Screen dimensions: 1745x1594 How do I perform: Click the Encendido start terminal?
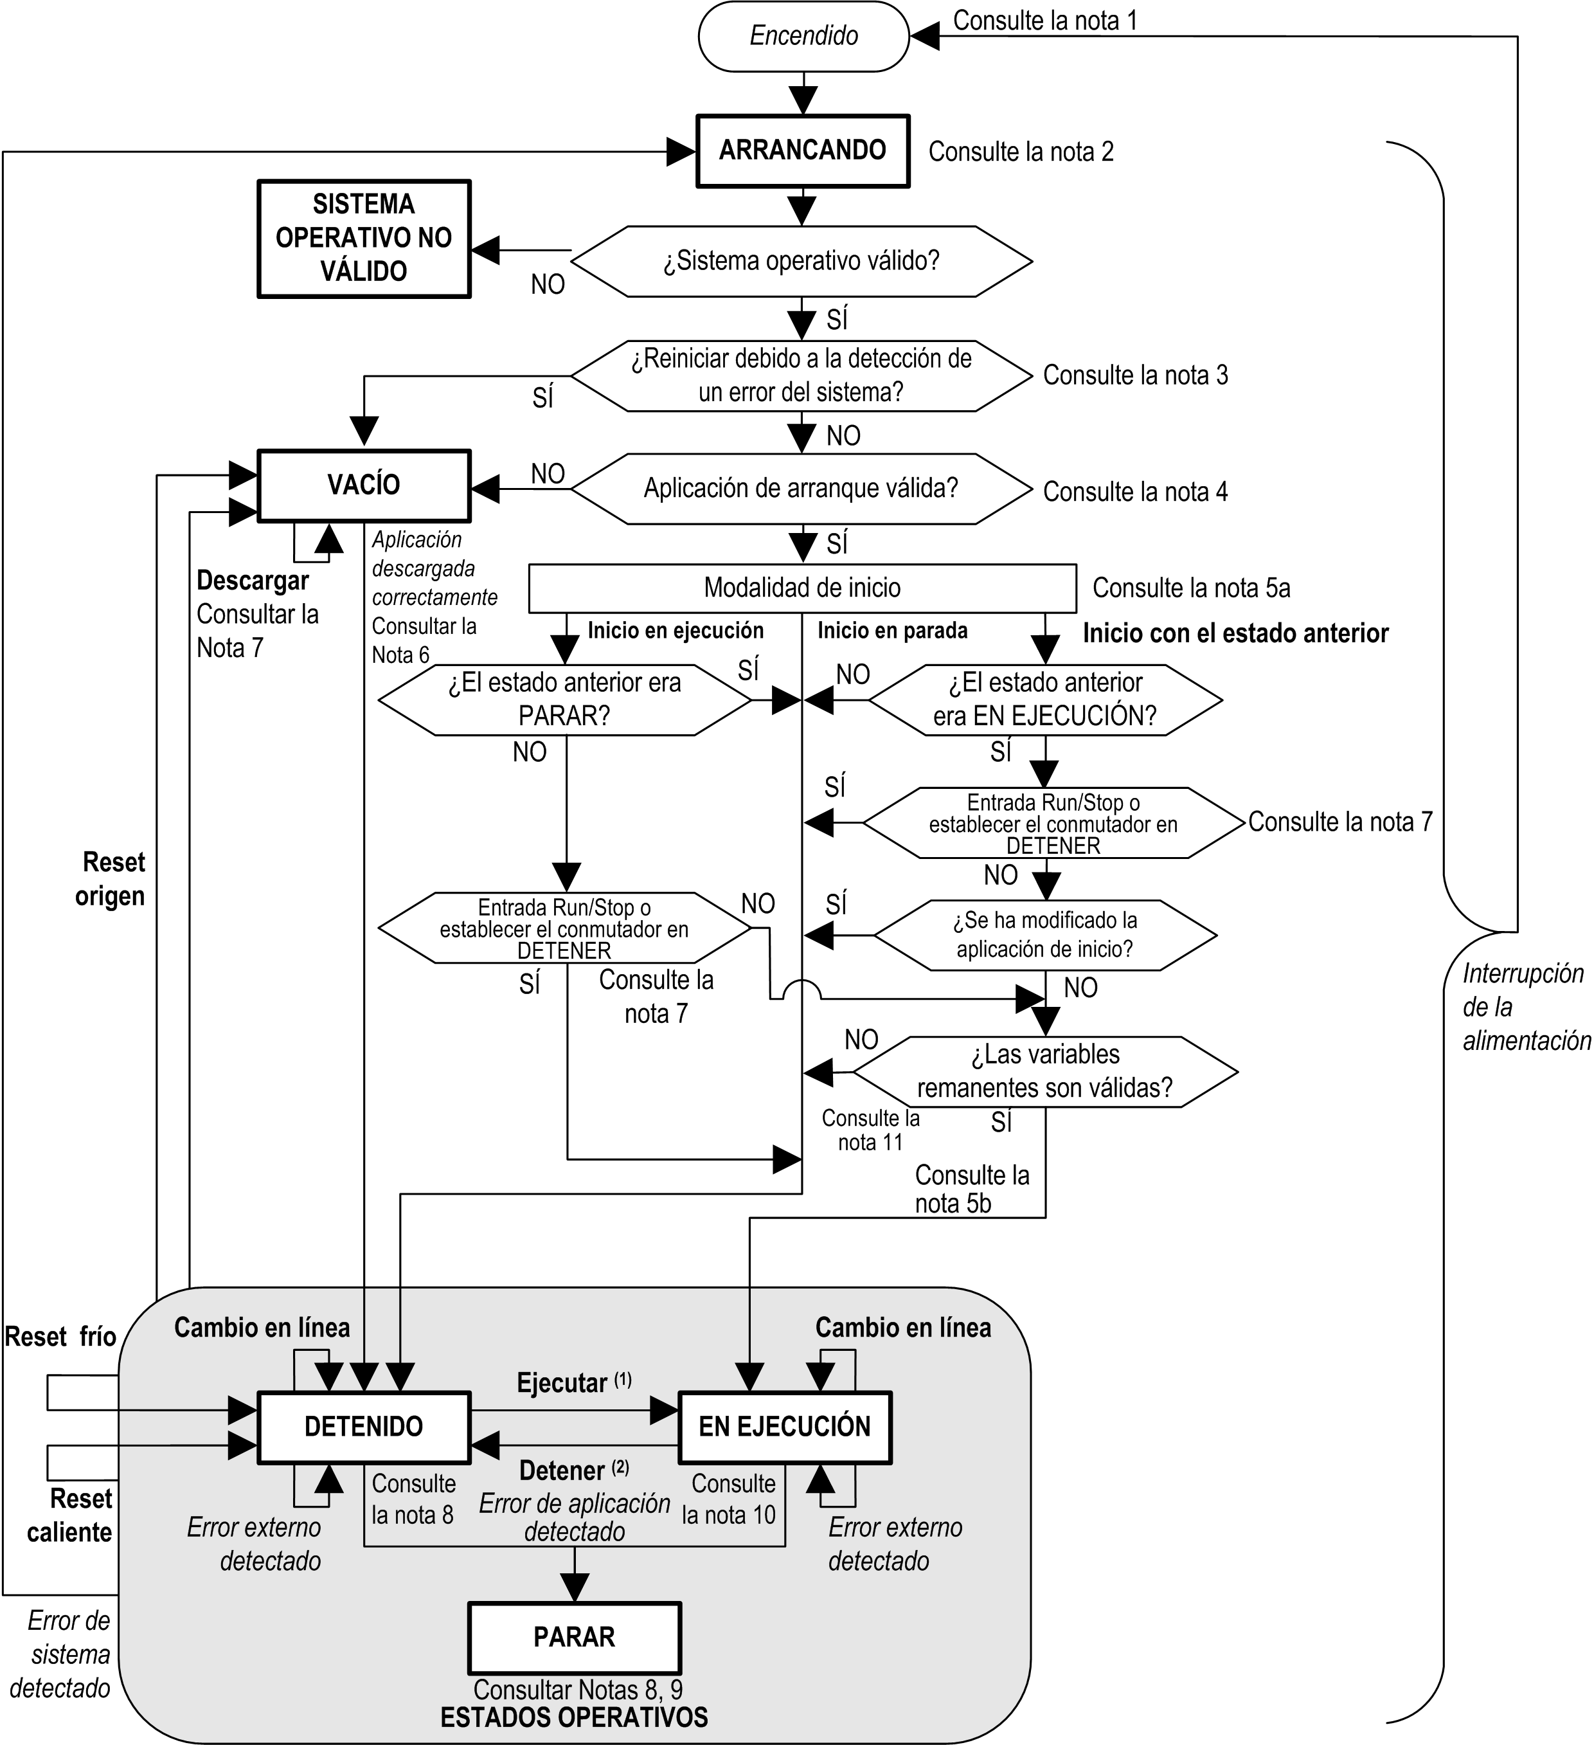point(803,37)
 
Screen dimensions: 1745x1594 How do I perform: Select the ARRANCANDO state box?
point(802,150)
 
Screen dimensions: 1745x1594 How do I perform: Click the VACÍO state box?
point(363,485)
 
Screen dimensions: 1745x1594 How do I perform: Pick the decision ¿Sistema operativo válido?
point(801,262)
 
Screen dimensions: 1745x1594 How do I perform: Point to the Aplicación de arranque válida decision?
point(801,489)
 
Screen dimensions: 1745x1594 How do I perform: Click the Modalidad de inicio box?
point(801,588)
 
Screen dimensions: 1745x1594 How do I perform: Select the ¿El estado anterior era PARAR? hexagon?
point(564,700)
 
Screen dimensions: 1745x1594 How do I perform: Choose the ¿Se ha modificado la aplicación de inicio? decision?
point(1044,935)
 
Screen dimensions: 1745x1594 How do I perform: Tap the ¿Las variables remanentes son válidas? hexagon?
point(1044,1072)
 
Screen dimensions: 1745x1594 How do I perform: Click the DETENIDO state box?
point(363,1427)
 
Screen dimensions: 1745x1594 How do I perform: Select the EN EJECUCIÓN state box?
point(784,1427)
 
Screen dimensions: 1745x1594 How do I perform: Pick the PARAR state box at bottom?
point(574,1637)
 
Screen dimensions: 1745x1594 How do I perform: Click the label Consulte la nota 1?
point(1044,21)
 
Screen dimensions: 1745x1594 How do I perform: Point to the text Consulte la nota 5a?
point(1191,588)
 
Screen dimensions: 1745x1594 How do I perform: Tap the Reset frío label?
point(60,1337)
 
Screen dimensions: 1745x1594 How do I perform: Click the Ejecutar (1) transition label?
point(573,1383)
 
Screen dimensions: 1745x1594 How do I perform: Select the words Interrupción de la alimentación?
point(1525,1008)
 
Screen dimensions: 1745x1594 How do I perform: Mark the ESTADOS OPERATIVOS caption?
point(574,1717)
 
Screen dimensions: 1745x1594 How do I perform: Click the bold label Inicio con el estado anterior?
point(1235,633)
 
